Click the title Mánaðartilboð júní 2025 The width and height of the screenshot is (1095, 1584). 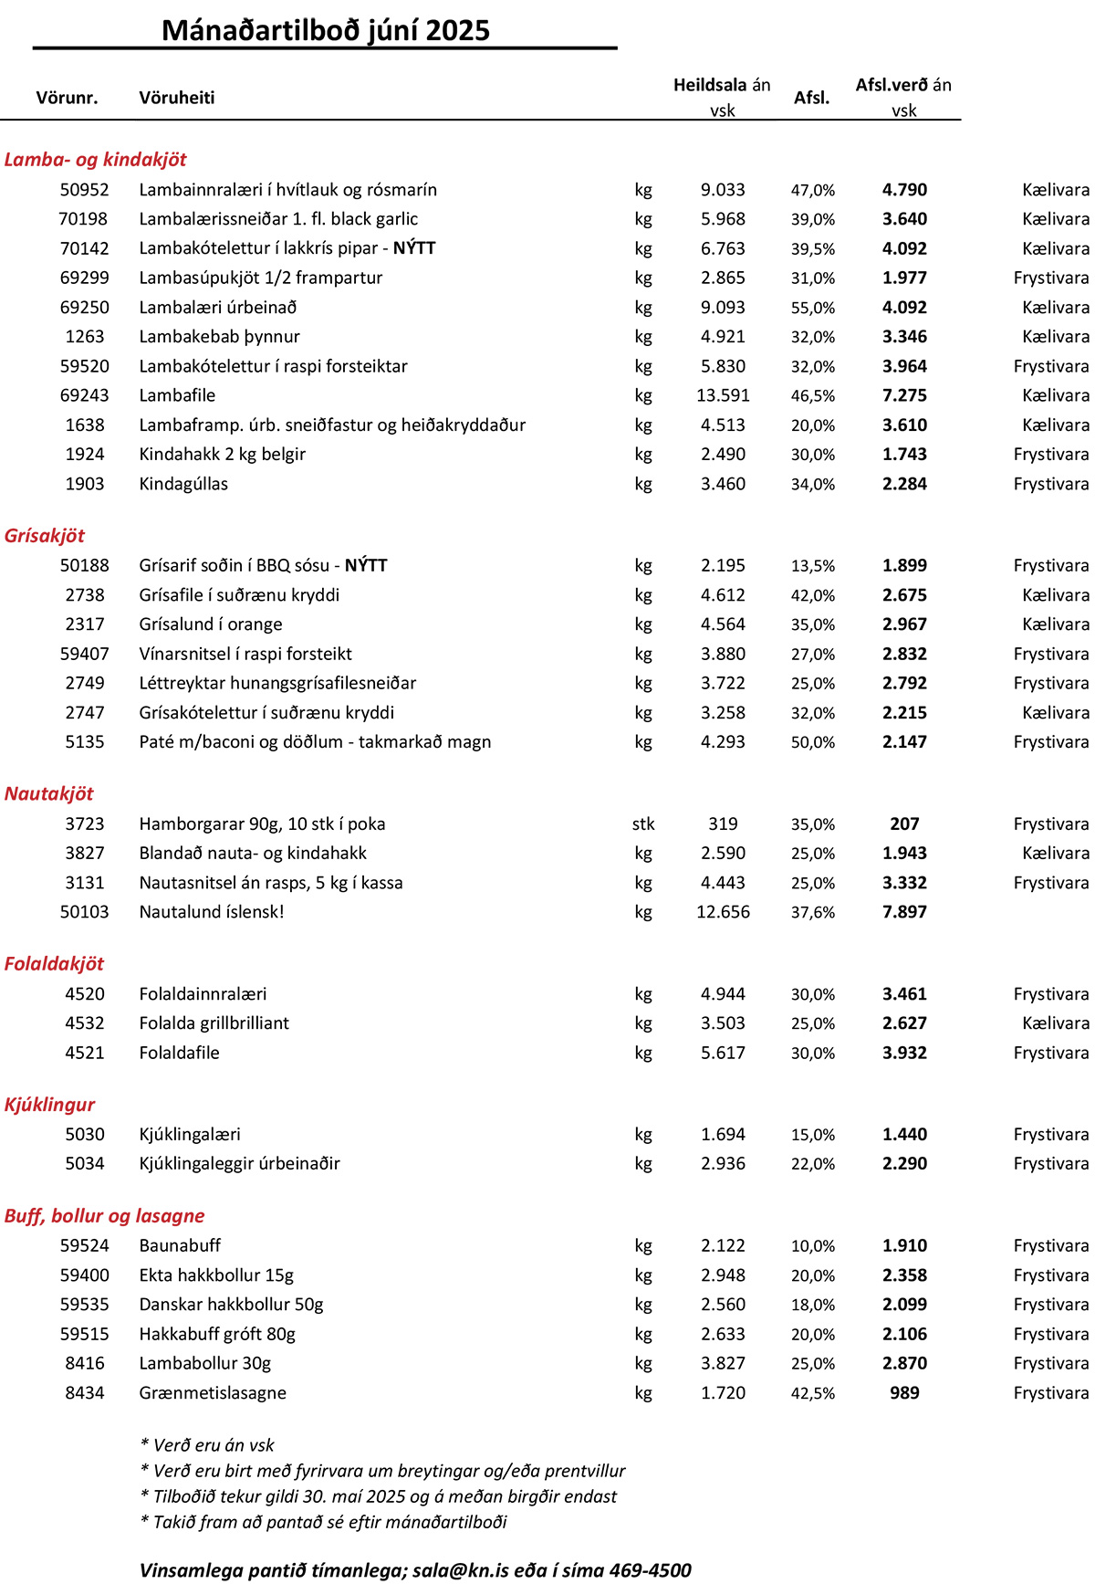tap(326, 30)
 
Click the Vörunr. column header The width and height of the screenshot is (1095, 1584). tap(67, 98)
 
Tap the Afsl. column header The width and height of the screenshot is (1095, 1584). tap(811, 98)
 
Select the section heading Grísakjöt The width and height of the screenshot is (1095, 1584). tap(45, 536)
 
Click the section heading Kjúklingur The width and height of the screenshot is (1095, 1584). tap(49, 1105)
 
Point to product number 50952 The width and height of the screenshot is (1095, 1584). tap(84, 190)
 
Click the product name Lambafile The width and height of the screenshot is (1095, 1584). tap(177, 395)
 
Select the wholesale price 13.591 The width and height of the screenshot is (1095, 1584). tap(723, 395)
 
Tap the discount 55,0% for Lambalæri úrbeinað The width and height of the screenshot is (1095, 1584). tap(812, 308)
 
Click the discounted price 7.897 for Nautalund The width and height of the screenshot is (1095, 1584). tap(904, 912)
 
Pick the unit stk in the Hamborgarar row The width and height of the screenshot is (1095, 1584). tap(643, 824)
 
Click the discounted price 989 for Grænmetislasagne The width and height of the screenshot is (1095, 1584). tap(904, 1393)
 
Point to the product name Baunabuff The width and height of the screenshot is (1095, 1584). tap(180, 1245)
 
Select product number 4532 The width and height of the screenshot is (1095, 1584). tap(84, 1023)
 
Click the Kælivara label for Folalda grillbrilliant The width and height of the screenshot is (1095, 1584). tap(1055, 1023)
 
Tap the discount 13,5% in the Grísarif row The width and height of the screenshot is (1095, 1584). tap(812, 566)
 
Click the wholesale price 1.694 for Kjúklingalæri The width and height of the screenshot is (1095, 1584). tap(723, 1135)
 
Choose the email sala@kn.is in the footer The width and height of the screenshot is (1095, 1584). tap(461, 1570)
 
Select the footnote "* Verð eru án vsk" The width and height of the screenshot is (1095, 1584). tap(207, 1445)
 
